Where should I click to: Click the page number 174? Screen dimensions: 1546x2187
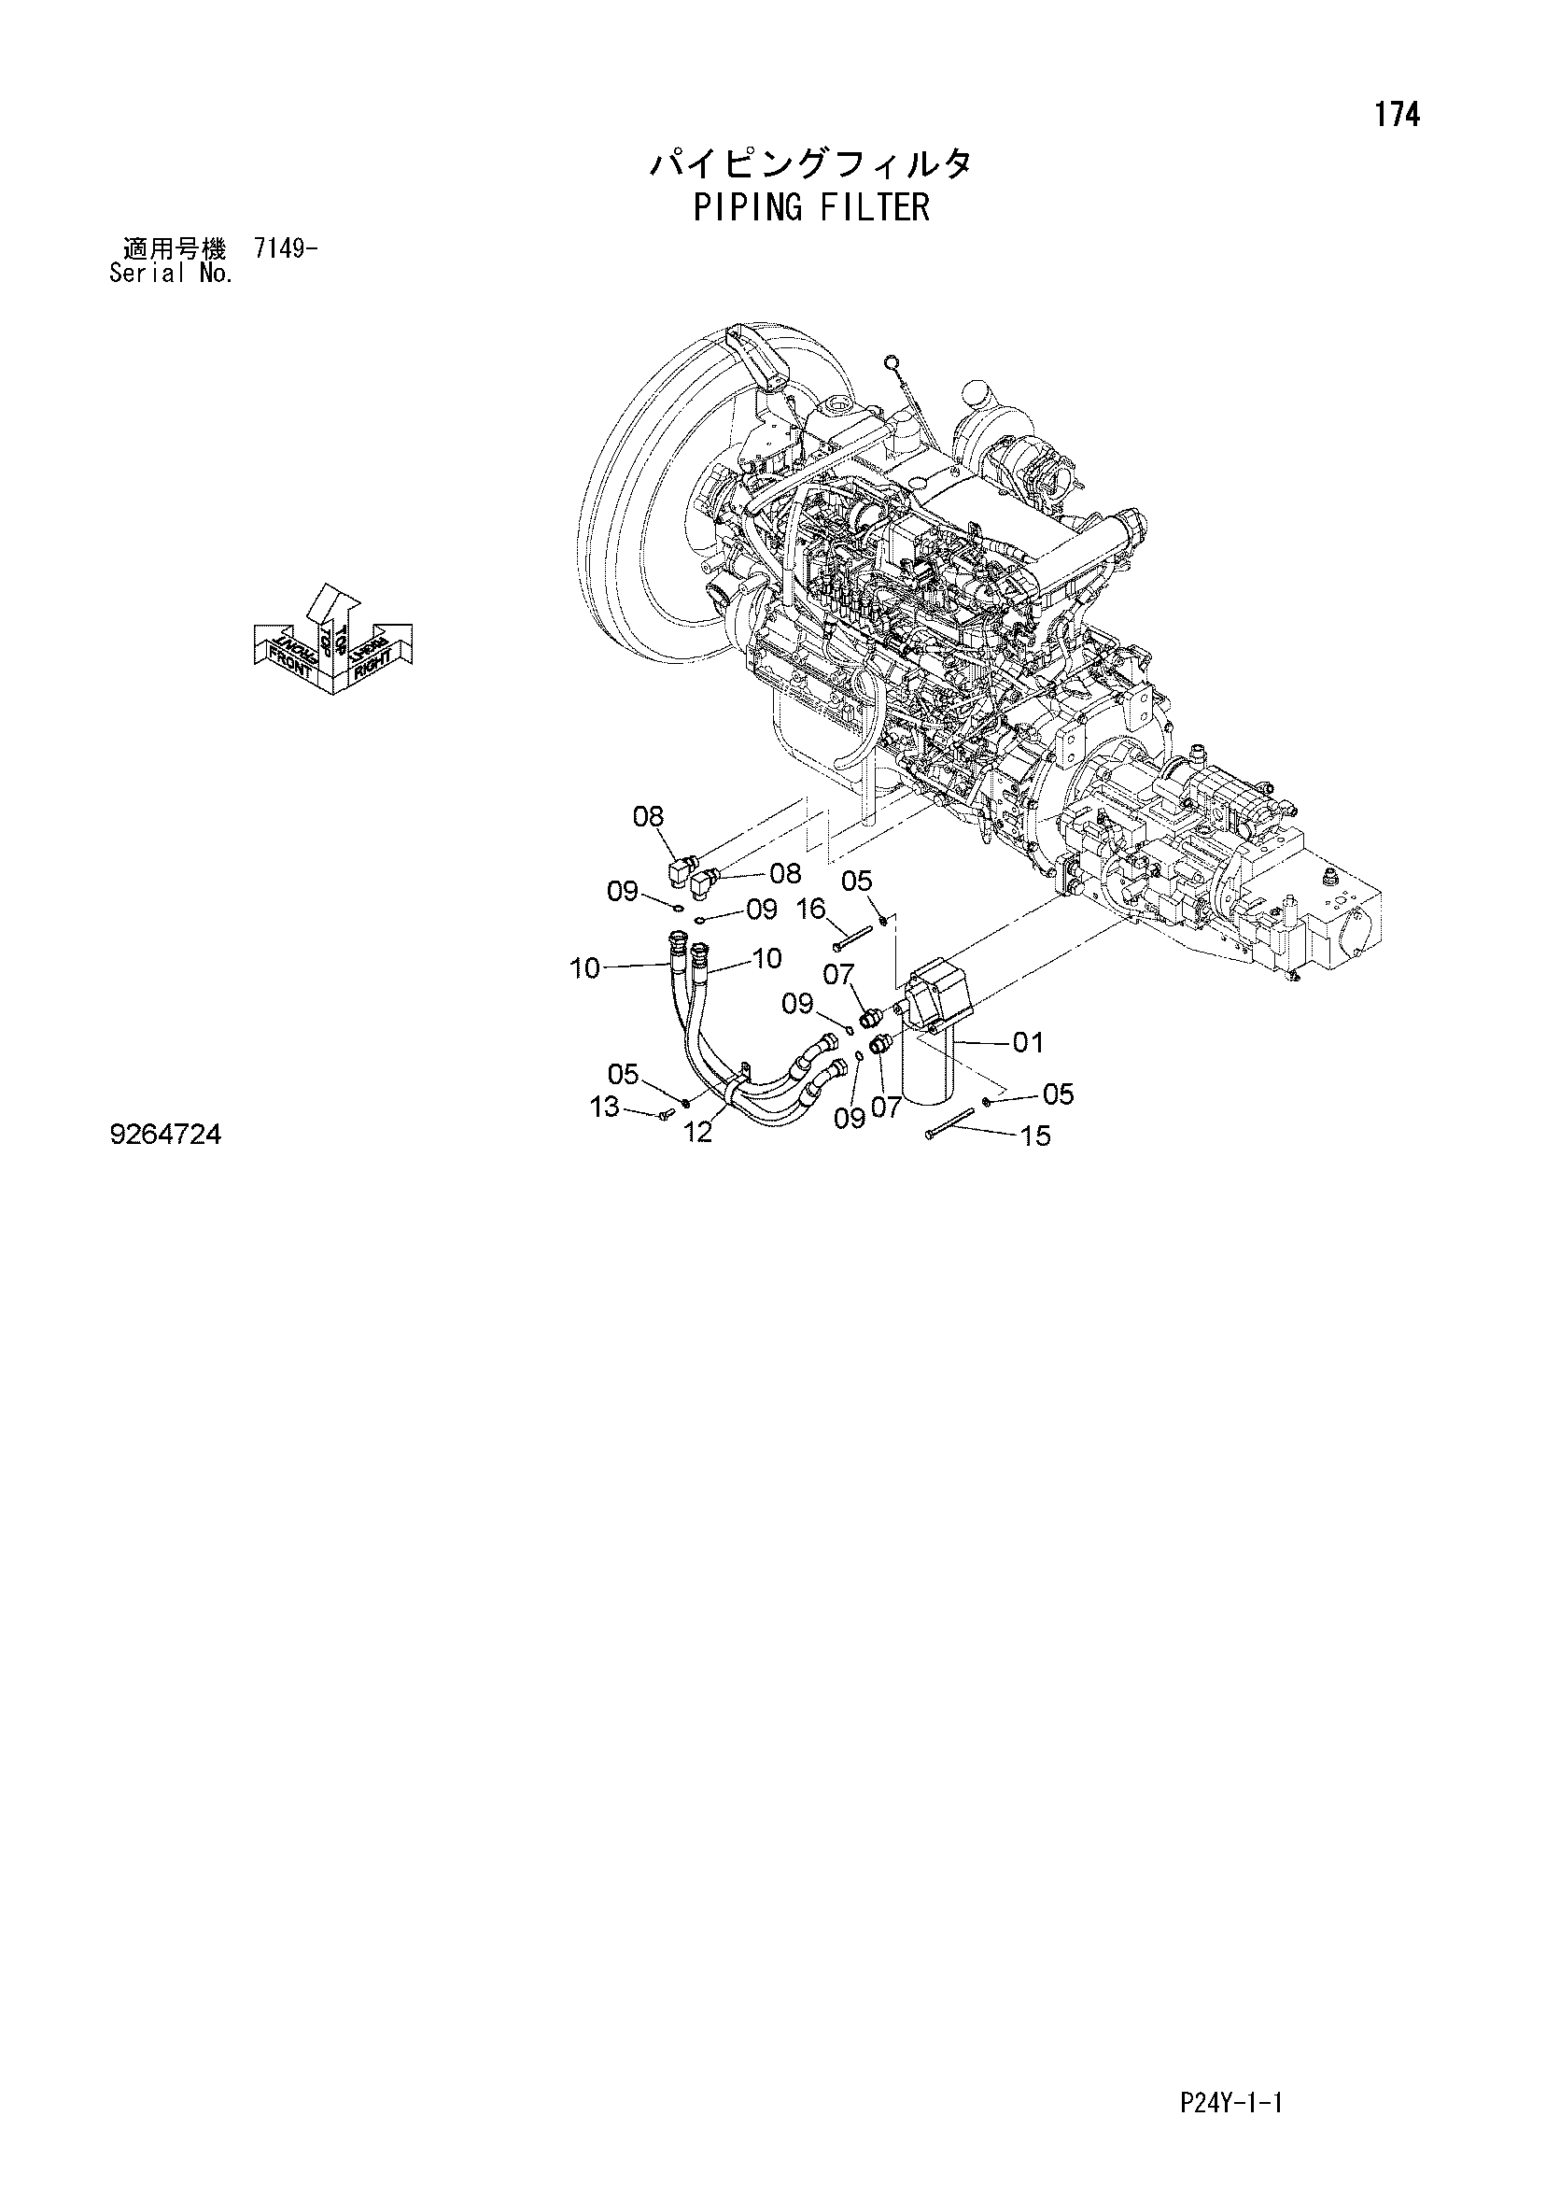coord(1397,115)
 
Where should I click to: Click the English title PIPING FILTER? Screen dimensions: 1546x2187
coord(811,206)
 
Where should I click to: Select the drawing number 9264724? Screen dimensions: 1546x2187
coord(166,1135)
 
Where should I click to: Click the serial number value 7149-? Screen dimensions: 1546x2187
coord(286,249)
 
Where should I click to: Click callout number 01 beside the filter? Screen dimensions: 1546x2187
coord(1028,1043)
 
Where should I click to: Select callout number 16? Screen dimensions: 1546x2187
coord(811,910)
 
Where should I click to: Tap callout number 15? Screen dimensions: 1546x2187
coord(1035,1136)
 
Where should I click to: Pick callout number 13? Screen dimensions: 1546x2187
coord(605,1107)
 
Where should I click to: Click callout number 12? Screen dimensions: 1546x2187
coord(698,1133)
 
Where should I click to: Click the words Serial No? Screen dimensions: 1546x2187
coord(172,275)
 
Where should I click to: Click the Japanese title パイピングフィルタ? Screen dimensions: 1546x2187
coord(811,164)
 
